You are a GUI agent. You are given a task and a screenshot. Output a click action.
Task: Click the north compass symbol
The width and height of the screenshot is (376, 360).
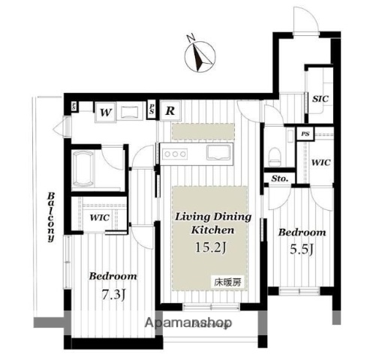click(x=197, y=54)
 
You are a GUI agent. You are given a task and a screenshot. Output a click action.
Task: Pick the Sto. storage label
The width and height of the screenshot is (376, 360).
click(x=280, y=178)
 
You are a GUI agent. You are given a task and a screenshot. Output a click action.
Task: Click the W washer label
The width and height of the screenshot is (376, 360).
click(x=106, y=112)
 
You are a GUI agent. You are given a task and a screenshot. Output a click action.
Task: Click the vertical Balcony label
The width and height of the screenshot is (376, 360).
click(x=51, y=217)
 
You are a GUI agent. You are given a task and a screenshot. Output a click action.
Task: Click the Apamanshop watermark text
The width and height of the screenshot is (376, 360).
click(x=188, y=324)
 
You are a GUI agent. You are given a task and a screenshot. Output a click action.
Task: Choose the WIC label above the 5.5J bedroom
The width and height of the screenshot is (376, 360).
click(x=320, y=162)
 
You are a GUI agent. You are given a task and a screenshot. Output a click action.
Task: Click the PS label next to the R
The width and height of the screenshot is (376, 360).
click(x=152, y=109)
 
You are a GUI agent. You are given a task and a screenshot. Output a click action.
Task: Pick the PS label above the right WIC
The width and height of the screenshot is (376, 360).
click(x=305, y=134)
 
